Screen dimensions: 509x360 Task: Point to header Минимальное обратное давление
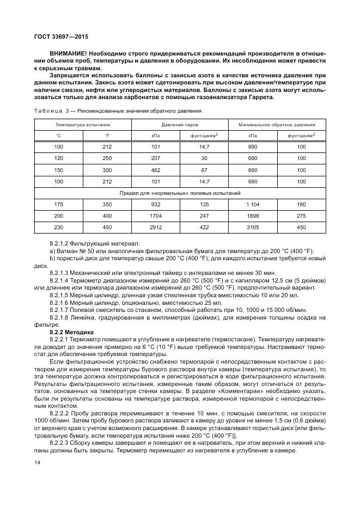[277, 125]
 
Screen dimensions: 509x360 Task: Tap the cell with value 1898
[252, 216]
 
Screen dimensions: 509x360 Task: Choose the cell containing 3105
[252, 228]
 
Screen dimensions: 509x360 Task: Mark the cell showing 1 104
[252, 205]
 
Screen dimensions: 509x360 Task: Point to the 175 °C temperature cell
[58, 205]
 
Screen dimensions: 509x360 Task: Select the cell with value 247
[204, 216]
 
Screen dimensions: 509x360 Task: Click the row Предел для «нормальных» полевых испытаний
[180, 193]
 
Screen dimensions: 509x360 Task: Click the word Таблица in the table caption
[45, 111]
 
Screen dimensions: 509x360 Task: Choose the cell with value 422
[204, 228]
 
